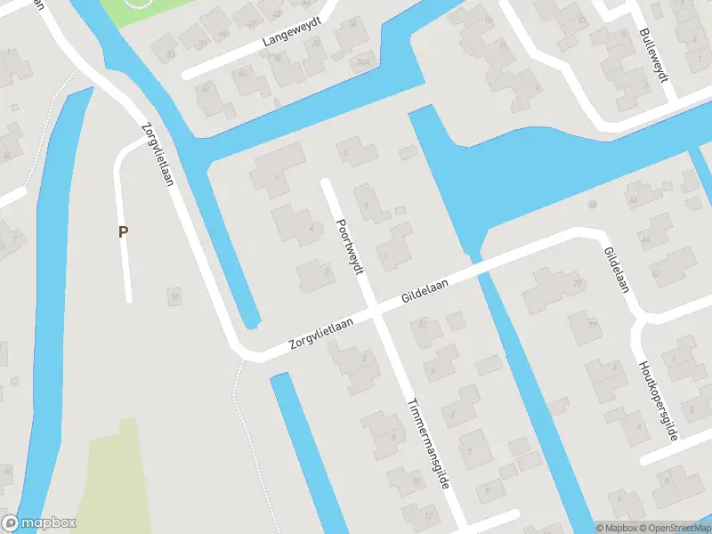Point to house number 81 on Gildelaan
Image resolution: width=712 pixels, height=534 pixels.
tap(423, 323)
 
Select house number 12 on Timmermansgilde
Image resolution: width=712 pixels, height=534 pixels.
tap(430, 515)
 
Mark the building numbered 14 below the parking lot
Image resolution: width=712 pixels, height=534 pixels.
tap(175, 295)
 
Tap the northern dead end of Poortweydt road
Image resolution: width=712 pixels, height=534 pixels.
tap(327, 183)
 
